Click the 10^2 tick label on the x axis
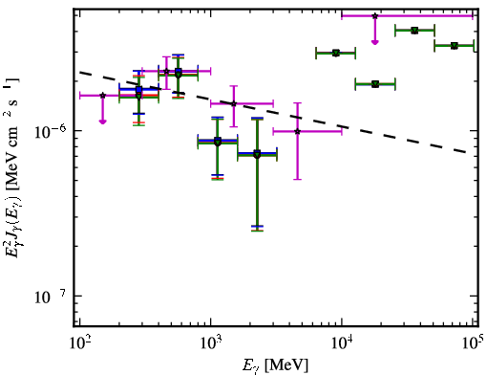[79, 342]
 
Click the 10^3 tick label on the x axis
[211, 342]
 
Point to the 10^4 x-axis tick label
[342, 342]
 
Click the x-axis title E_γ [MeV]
[275, 365]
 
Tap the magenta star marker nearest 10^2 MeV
[102, 96]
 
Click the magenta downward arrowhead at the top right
[375, 42]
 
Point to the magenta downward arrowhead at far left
[102, 121]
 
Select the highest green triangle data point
[414, 31]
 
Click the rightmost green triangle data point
[455, 46]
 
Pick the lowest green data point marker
[257, 155]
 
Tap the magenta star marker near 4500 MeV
[297, 131]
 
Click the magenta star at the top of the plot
[375, 15]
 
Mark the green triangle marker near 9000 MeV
[335, 53]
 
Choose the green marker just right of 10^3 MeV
[218, 142]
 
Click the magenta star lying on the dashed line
[234, 103]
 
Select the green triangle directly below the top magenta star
[375, 84]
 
